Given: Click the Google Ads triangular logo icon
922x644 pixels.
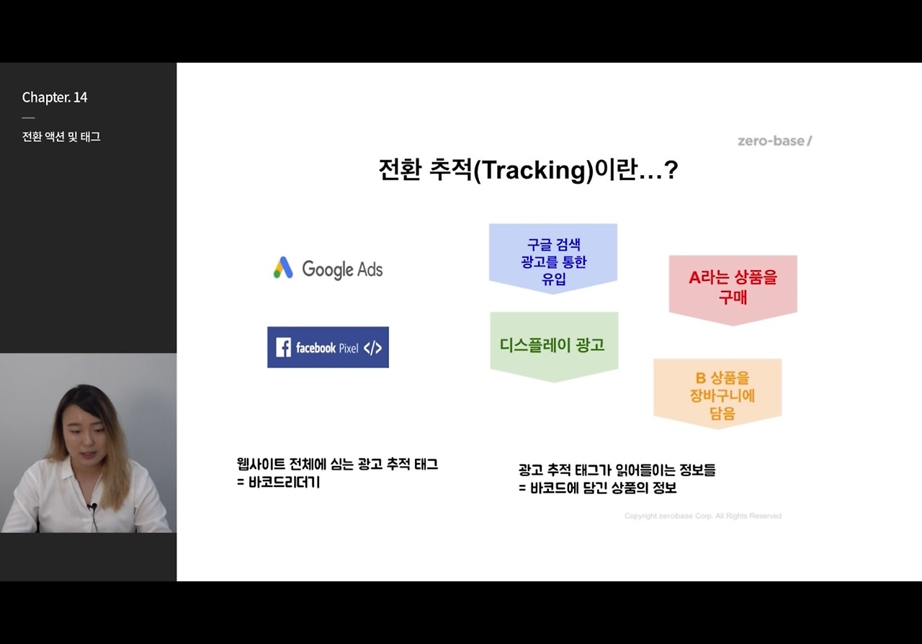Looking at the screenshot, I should click(x=283, y=268).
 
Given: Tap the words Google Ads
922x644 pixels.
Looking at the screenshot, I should click(x=342, y=269).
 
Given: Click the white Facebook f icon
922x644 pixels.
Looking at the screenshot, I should click(x=284, y=348).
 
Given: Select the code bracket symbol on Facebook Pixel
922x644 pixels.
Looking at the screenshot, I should click(x=372, y=348).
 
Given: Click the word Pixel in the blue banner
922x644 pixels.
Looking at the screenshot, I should click(x=349, y=349).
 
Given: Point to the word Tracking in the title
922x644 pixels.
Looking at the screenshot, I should click(x=536, y=171).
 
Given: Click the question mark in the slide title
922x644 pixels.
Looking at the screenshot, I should click(x=671, y=170).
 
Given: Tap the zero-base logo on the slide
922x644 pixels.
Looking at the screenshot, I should click(x=774, y=140).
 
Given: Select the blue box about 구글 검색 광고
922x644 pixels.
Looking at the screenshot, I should click(x=553, y=258).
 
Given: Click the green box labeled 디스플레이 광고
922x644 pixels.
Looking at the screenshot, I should click(x=553, y=346).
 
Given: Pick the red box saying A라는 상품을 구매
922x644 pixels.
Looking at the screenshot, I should click(x=733, y=288).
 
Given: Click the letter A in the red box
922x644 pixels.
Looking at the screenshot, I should click(x=694, y=278).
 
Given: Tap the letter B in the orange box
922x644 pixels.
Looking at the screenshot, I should click(x=699, y=378).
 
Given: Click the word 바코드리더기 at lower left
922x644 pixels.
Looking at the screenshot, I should click(x=283, y=483).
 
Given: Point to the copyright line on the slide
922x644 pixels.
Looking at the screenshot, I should click(x=702, y=516).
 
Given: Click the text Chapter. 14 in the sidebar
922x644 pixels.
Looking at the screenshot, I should click(x=55, y=97).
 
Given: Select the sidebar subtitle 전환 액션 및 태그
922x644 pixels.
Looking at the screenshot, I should click(x=61, y=137).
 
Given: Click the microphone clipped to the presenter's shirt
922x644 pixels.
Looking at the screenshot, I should click(x=92, y=507).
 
